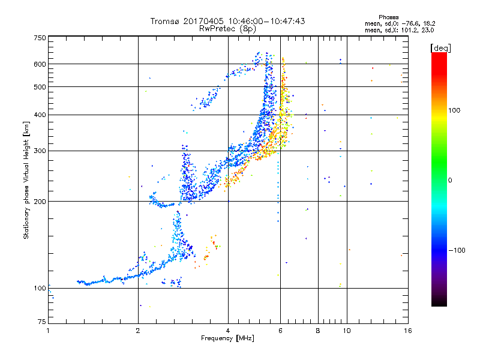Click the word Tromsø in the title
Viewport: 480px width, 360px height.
point(166,21)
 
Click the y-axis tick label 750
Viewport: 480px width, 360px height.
point(40,38)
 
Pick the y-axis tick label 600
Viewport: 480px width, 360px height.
point(40,64)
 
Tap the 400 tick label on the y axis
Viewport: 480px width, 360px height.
point(40,115)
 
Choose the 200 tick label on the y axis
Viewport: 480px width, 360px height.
point(40,202)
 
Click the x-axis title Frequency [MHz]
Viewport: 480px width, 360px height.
point(228,339)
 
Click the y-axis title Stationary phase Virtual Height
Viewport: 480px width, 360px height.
point(26,180)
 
